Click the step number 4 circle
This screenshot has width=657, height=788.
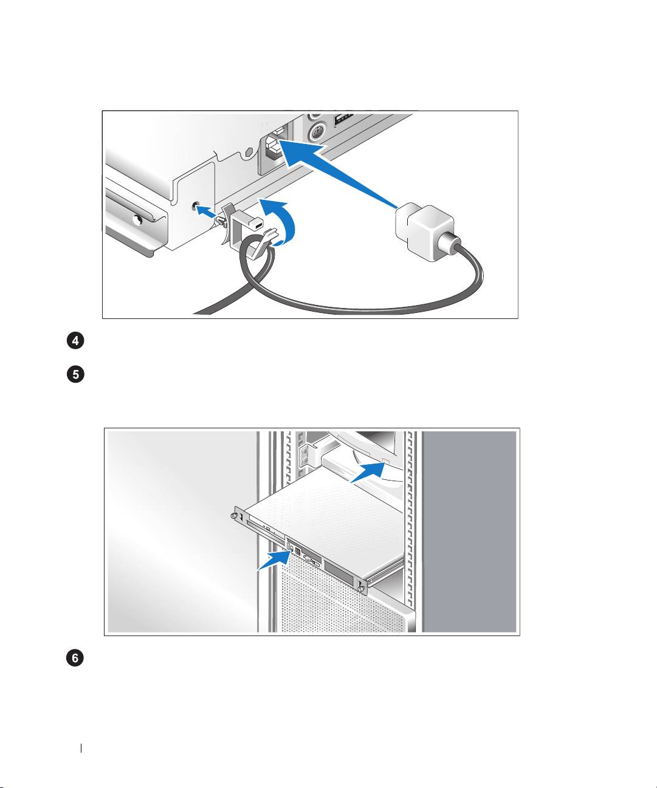(75, 341)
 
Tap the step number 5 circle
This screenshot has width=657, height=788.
(75, 374)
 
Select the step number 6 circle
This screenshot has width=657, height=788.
(75, 658)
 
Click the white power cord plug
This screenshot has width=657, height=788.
(425, 231)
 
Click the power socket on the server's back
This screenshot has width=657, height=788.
(273, 147)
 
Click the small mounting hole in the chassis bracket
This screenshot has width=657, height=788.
(195, 206)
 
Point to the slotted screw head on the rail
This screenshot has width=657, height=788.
(139, 220)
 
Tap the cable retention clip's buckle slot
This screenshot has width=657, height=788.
(258, 225)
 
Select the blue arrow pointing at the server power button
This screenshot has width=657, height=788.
(274, 560)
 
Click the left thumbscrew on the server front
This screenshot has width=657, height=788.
(234, 515)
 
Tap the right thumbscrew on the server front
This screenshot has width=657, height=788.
(362, 589)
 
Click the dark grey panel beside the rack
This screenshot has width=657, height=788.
(469, 532)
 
